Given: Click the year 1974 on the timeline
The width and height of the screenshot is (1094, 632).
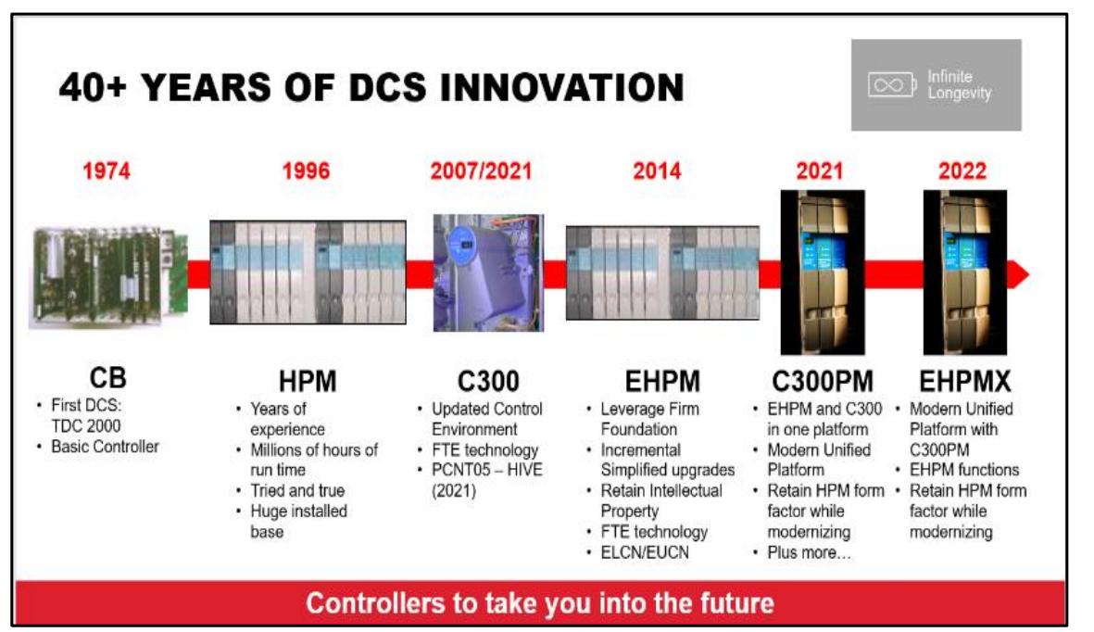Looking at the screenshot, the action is (107, 171).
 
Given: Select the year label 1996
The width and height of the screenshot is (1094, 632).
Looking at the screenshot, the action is (306, 171).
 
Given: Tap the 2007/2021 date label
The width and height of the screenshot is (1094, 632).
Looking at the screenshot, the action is (481, 171).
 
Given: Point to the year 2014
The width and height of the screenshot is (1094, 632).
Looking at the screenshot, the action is (657, 171).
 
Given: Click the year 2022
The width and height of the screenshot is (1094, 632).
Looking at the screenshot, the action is (962, 171).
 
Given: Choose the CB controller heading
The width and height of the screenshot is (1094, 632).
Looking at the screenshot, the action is (108, 378).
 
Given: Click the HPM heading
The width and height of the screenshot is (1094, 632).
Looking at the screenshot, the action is (308, 381).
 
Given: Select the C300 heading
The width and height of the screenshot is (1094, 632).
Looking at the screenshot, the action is (488, 381).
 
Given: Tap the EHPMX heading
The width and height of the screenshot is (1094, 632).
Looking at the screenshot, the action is (965, 381).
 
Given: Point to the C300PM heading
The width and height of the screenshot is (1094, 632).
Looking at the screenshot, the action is (823, 381).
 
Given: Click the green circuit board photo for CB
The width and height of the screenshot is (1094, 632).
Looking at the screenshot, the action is (108, 276).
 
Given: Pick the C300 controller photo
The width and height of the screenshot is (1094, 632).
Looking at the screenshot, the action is (488, 272).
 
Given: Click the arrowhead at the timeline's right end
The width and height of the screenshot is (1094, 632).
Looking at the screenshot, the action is (1019, 273).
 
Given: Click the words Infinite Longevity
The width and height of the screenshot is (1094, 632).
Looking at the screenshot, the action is (960, 85).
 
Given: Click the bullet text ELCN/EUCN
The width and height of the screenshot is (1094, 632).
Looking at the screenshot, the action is (645, 552).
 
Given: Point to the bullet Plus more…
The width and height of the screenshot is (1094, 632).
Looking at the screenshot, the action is (810, 552).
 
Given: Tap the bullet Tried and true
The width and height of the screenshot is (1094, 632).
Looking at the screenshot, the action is (297, 490).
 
